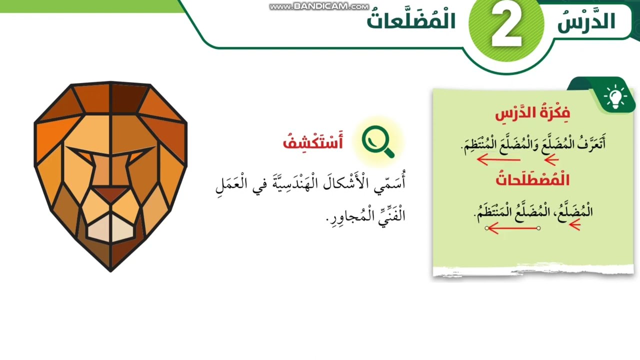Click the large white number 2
(507, 27)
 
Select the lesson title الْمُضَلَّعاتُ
(411, 20)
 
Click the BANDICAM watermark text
(318, 6)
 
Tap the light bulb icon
(615, 96)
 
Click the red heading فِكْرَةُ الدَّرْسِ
(532, 113)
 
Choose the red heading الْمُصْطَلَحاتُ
(532, 179)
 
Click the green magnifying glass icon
(378, 142)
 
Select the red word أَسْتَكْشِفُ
(313, 143)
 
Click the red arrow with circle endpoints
(513, 228)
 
